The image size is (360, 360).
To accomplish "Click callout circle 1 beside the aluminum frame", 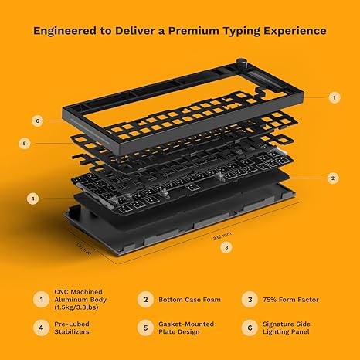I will pyautogui.click(x=334, y=97).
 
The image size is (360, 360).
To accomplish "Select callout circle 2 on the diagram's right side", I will pyautogui.click(x=333, y=178).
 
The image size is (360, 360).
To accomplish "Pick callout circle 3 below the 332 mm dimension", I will pyautogui.click(x=226, y=247).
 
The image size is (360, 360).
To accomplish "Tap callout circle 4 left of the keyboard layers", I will pyautogui.click(x=33, y=199).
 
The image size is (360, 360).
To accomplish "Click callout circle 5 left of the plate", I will pyautogui.click(x=25, y=143).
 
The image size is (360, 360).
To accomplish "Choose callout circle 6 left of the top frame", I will pyautogui.click(x=37, y=121).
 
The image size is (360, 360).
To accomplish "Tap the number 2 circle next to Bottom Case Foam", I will pyautogui.click(x=146, y=299).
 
